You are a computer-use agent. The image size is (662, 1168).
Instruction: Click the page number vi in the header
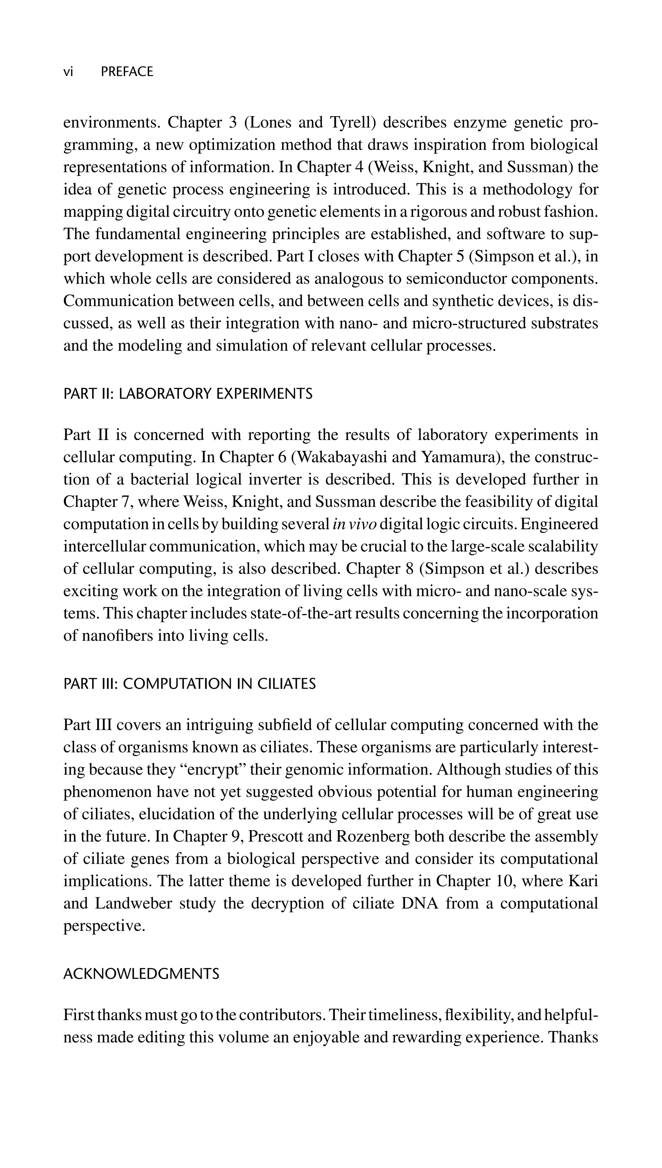[x=68, y=72]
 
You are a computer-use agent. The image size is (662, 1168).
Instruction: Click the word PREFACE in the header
[x=127, y=72]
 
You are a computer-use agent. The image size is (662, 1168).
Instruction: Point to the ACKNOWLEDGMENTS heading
[x=141, y=974]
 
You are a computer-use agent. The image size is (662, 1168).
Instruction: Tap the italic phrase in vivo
[x=354, y=524]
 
